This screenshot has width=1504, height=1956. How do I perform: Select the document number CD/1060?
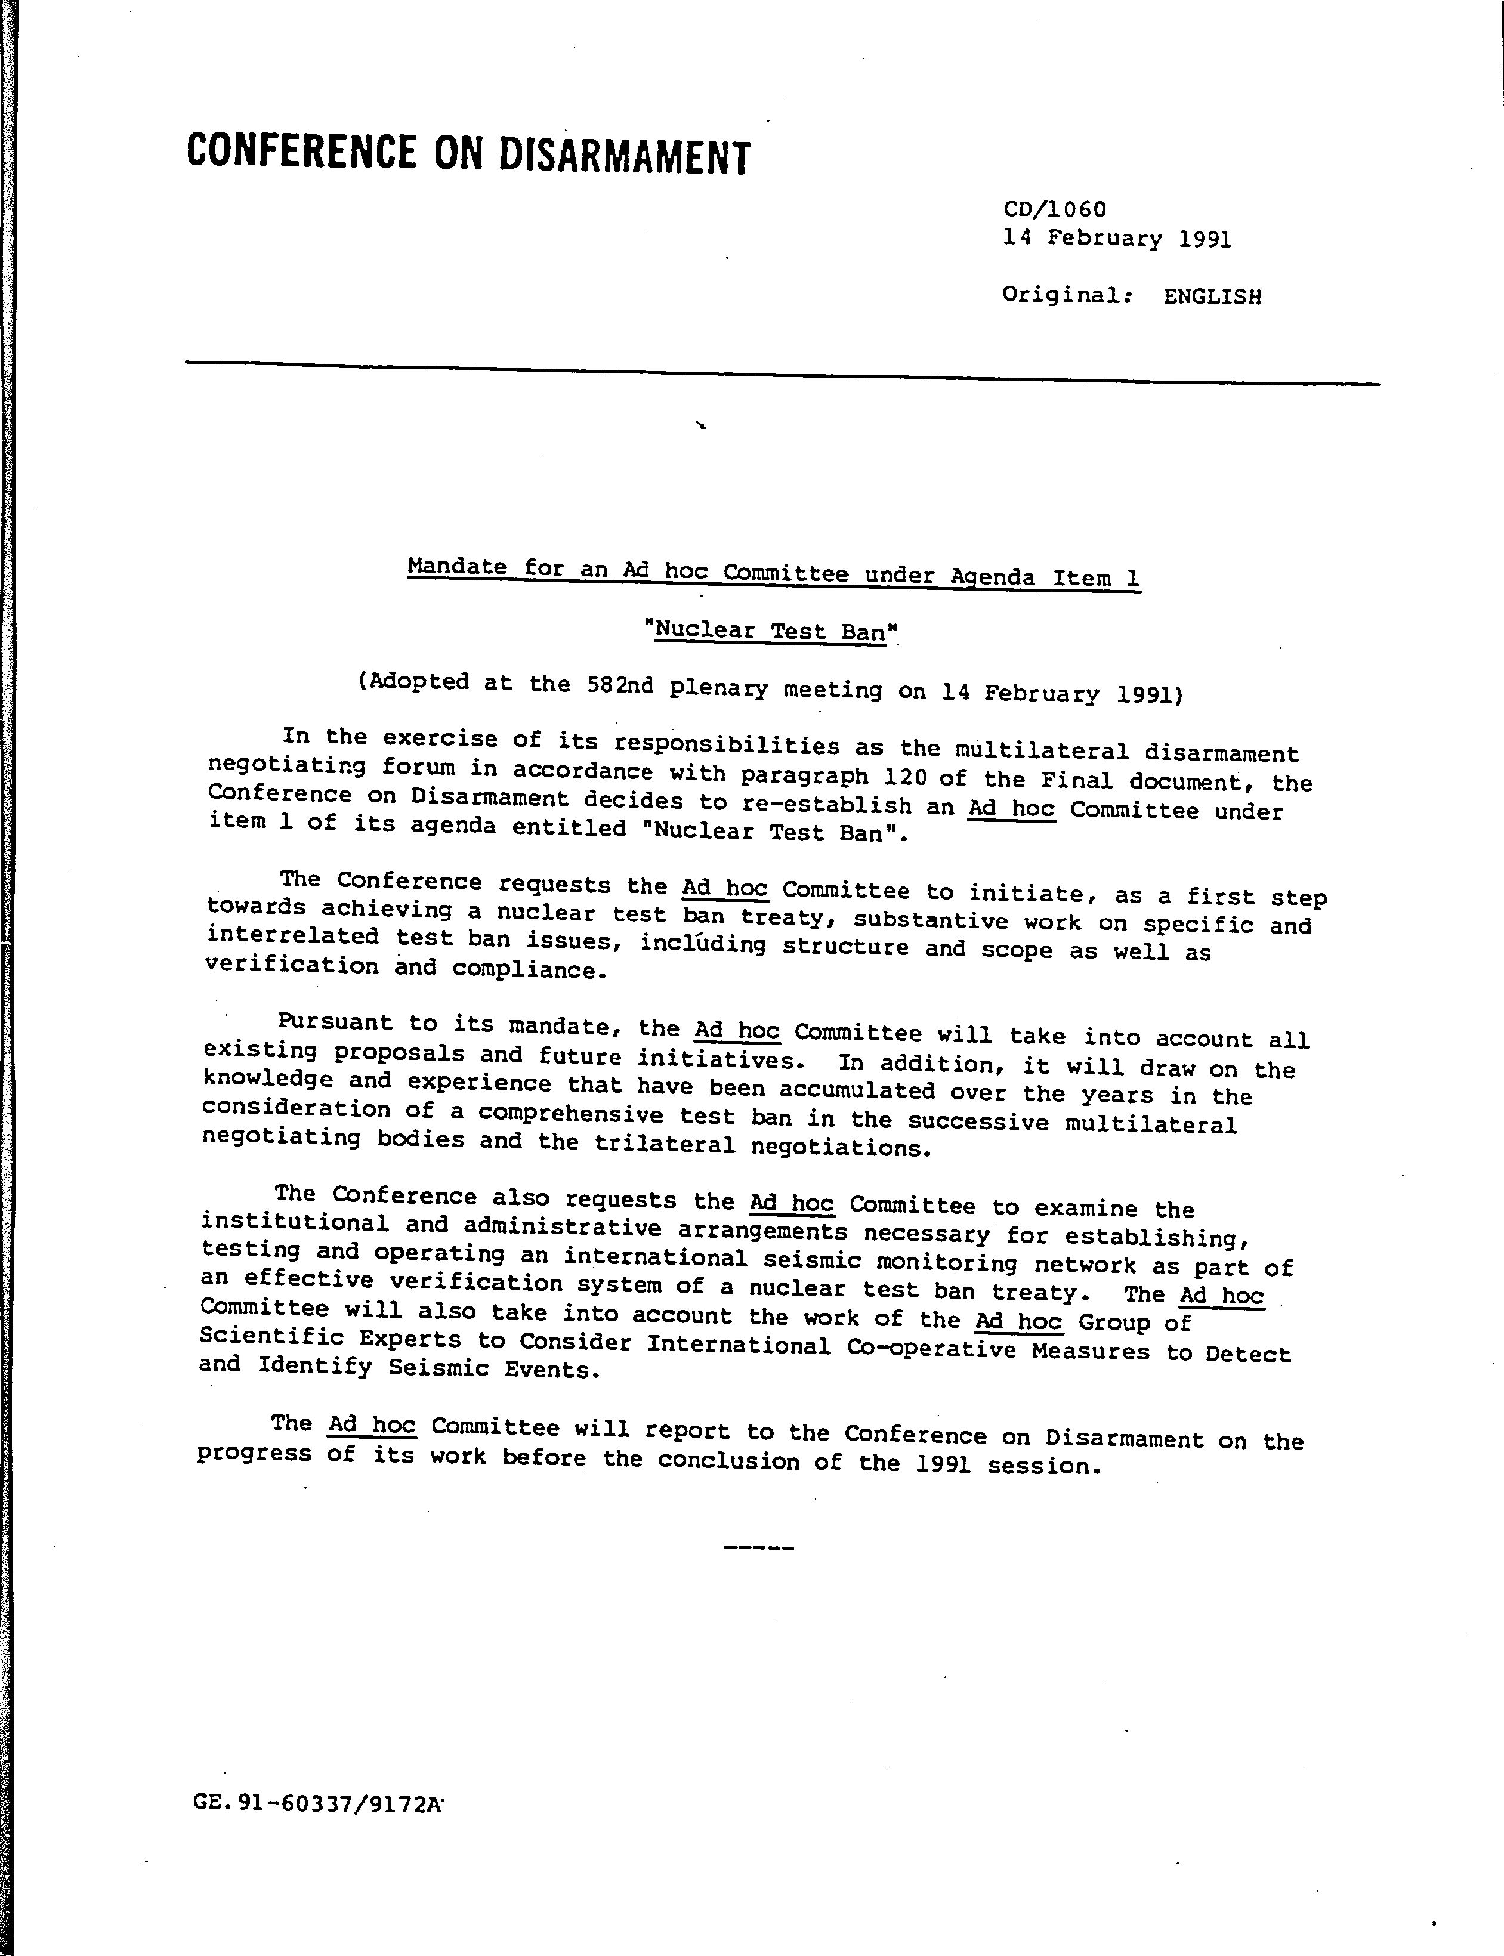1054,209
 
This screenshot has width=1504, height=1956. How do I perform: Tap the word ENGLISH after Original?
1212,297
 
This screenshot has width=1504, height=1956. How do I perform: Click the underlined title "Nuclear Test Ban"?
770,631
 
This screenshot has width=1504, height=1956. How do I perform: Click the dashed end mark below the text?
758,1547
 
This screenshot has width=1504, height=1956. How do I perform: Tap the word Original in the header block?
1060,295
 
